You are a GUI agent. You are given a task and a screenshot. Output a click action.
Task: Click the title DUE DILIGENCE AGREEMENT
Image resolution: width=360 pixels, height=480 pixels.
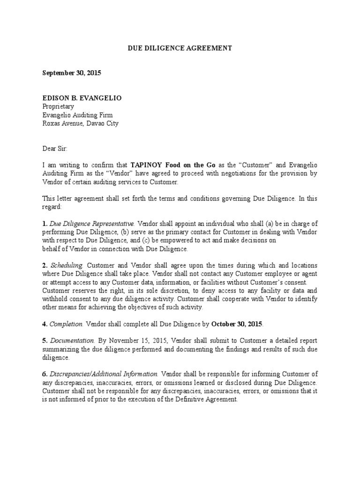(x=180, y=48)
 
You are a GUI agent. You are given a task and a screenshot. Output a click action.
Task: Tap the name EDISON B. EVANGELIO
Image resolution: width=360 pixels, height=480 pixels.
(x=82, y=98)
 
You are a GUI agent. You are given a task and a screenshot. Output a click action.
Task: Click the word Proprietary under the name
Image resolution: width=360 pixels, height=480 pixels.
(x=58, y=106)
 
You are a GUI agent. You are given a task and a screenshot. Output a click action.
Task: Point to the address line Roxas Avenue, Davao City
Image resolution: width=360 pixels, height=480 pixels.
(x=80, y=123)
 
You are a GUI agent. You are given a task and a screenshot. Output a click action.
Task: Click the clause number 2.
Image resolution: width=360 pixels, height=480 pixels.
(x=44, y=266)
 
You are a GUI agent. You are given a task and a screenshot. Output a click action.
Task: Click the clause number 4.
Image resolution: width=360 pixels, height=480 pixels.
(x=44, y=324)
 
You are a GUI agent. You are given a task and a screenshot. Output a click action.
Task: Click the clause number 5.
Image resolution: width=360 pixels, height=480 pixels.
(x=44, y=341)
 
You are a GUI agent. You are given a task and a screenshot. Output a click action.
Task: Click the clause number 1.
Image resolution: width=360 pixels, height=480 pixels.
(x=44, y=224)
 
